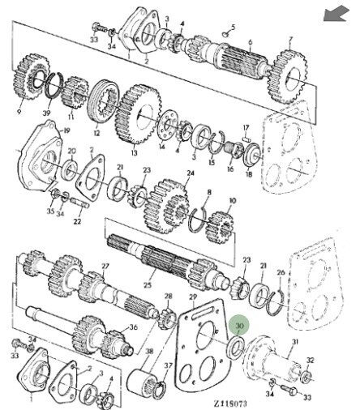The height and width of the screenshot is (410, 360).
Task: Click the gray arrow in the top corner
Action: coord(336,15)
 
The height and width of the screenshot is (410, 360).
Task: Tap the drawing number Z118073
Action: coord(230,404)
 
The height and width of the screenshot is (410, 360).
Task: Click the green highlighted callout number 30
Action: coord(240,326)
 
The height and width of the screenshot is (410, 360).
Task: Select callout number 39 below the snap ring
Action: coord(47,113)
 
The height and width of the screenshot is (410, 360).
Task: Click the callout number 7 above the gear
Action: coord(291,40)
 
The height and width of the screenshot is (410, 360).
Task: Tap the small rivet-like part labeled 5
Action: coord(225,34)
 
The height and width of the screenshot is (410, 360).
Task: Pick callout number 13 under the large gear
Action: coord(135,153)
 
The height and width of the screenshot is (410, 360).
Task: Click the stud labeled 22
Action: coord(80,203)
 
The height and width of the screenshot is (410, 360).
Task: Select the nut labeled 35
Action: coord(54,193)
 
